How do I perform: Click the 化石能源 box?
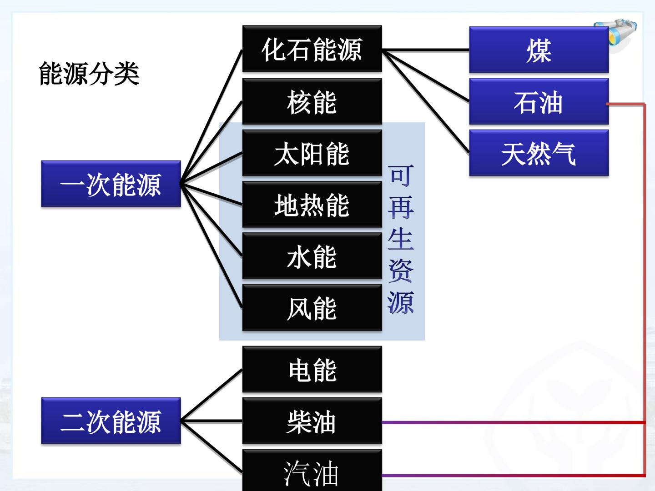312,49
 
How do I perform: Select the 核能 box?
312,101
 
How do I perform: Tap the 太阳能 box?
312,153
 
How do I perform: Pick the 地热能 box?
312,205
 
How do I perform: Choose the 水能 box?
312,256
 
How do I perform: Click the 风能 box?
312,308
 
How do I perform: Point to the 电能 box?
312,369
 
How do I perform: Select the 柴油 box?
312,421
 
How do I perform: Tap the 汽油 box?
312,471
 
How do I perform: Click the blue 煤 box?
539,50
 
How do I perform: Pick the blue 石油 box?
539,101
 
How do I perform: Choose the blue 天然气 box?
539,153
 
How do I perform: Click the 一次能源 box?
111,184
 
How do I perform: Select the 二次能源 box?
111,421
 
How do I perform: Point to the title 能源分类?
89,74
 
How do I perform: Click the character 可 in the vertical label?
401,176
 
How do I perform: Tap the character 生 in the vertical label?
401,239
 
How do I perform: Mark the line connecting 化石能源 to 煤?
426,50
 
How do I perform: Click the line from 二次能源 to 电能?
212,395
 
